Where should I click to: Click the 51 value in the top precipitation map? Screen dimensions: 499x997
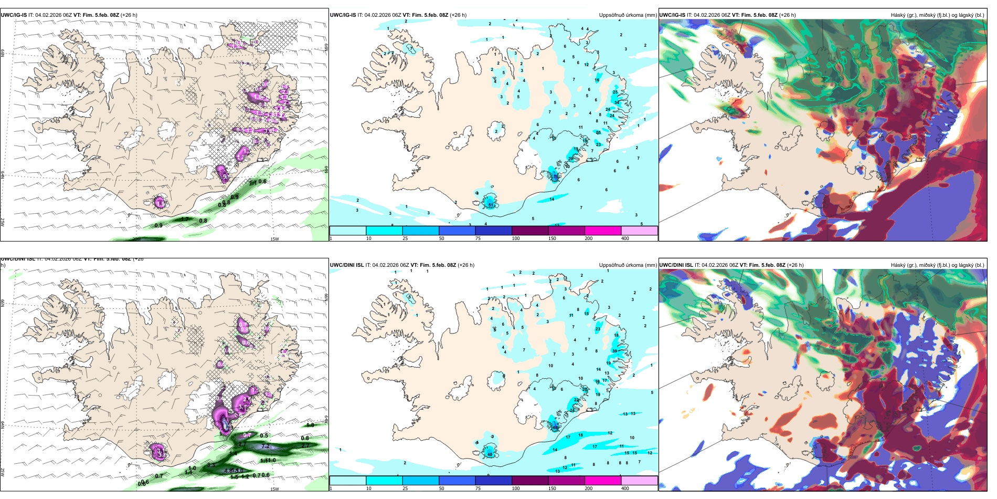491,205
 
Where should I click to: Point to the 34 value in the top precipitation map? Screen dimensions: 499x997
617,102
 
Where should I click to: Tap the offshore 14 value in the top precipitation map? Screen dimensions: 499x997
552,199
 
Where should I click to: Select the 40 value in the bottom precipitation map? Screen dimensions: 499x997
490,454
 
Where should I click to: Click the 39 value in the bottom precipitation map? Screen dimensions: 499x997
614,351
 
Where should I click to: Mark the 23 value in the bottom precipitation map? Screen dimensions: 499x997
598,329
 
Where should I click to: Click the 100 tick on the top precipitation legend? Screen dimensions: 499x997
516,238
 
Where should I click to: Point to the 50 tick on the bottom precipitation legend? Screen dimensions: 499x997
441,488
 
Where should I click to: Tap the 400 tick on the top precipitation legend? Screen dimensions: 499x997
625,238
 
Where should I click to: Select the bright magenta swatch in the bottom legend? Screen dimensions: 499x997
603,480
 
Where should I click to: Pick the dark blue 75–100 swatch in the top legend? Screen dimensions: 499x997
493,230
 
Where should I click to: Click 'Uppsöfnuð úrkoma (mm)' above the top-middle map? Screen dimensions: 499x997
628,15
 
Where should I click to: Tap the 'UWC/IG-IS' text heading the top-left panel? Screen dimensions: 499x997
14,15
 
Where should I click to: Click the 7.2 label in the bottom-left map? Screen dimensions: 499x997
266,446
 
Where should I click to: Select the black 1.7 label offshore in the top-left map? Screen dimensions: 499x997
185,219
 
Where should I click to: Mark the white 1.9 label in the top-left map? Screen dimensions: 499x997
161,203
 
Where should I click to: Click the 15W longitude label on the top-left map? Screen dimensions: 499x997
274,239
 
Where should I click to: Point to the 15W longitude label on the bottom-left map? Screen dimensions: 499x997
274,489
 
